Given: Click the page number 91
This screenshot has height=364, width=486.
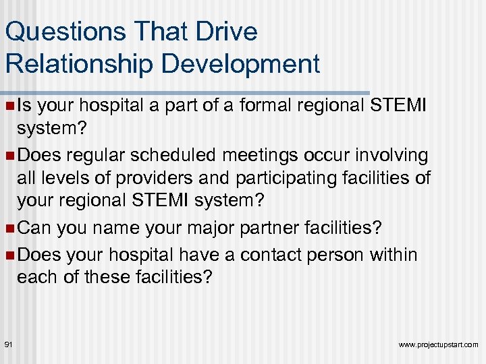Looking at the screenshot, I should tap(9, 344).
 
